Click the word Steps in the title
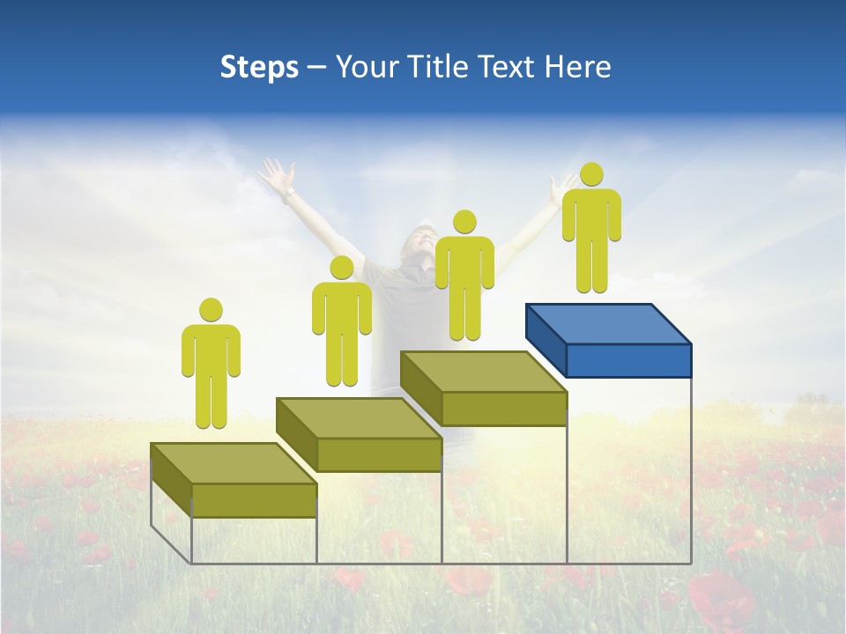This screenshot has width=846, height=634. point(259,67)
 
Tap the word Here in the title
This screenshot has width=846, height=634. point(576,67)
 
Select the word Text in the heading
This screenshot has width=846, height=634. point(508,67)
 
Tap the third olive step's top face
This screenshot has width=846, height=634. point(483,372)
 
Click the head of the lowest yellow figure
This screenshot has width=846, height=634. point(211,310)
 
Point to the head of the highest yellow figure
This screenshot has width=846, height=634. point(591,174)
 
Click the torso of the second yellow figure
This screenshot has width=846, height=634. point(342,308)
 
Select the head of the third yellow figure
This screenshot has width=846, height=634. point(464,222)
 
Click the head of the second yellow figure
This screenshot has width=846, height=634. point(342,268)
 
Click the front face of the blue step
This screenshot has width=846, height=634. point(628,360)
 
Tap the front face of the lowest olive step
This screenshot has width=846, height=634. point(254,500)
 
